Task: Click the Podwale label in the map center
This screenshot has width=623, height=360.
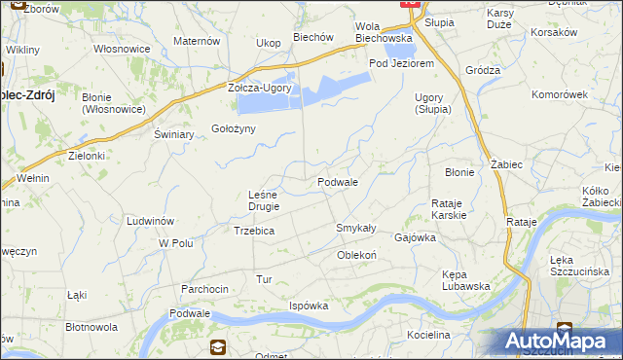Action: coord(338,182)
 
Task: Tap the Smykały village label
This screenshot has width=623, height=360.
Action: coord(355,228)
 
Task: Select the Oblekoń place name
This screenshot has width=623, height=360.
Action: coord(356,255)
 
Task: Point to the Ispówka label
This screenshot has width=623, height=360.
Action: coord(309,306)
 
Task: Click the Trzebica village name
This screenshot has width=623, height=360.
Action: coord(254,231)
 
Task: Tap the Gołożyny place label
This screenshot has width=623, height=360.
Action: coord(234,129)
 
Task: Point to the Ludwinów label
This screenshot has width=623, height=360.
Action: coord(150,221)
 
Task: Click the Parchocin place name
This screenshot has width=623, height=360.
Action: coord(204,289)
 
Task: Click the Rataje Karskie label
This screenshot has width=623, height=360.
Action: coord(449,208)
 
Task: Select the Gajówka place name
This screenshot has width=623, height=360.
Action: coord(414,237)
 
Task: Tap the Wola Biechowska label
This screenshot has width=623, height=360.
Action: coord(384,32)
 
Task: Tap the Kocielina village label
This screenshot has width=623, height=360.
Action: coord(429,335)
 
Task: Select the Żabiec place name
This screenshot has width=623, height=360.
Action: coord(507,164)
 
